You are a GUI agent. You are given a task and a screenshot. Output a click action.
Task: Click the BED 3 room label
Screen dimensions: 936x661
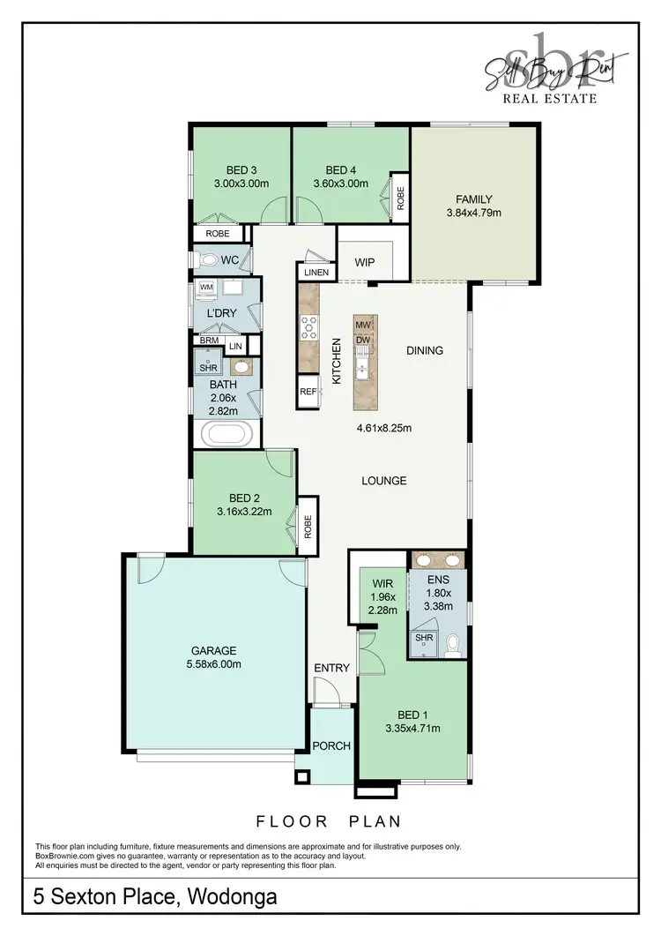(241, 170)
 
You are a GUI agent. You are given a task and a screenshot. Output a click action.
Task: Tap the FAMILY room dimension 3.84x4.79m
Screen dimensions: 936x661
(473, 213)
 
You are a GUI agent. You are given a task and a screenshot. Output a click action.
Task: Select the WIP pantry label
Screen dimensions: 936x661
(365, 262)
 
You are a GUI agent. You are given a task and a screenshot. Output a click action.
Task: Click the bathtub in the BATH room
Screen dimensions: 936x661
(227, 434)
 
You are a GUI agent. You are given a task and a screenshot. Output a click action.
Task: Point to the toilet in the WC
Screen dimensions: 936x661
(208, 260)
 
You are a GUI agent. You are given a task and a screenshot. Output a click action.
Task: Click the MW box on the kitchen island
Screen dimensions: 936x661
(363, 325)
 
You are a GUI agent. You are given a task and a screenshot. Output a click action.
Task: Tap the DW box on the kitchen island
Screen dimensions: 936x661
(363, 340)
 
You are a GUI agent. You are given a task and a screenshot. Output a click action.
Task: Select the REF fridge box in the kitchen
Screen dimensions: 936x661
(308, 391)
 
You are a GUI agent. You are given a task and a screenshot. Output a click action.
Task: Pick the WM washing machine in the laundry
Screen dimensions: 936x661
(206, 288)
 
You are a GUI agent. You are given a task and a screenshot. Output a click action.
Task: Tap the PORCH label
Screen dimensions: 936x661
(332, 745)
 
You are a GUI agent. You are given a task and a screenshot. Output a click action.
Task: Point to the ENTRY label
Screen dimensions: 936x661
(332, 668)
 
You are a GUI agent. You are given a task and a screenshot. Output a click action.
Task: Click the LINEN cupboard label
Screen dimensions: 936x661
(316, 273)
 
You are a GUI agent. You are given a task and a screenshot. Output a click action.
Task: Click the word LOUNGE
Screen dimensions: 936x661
(384, 481)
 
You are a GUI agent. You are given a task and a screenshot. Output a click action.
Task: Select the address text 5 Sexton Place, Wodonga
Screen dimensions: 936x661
(155, 898)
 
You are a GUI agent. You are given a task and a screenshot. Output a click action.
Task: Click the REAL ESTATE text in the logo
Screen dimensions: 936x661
(549, 99)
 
